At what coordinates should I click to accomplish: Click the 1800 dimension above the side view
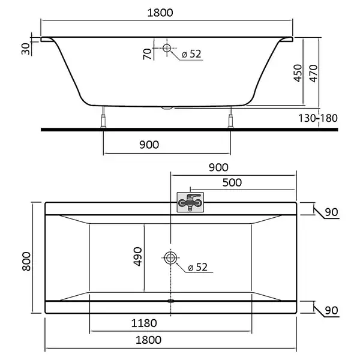pyautogui.click(x=160, y=13)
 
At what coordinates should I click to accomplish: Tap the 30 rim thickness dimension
pyautogui.click(x=26, y=49)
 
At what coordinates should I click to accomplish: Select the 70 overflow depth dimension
pyautogui.click(x=148, y=54)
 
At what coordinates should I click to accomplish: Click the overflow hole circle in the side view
pyautogui.click(x=167, y=48)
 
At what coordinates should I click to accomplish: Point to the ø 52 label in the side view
pyautogui.click(x=191, y=54)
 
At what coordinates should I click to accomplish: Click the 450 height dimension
pyautogui.click(x=298, y=73)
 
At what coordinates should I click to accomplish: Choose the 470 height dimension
pyautogui.click(x=314, y=73)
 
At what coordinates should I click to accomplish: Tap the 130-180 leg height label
pyautogui.click(x=318, y=118)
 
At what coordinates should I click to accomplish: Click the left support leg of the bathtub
pyautogui.click(x=104, y=117)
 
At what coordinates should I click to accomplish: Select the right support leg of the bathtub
pyautogui.click(x=230, y=117)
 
